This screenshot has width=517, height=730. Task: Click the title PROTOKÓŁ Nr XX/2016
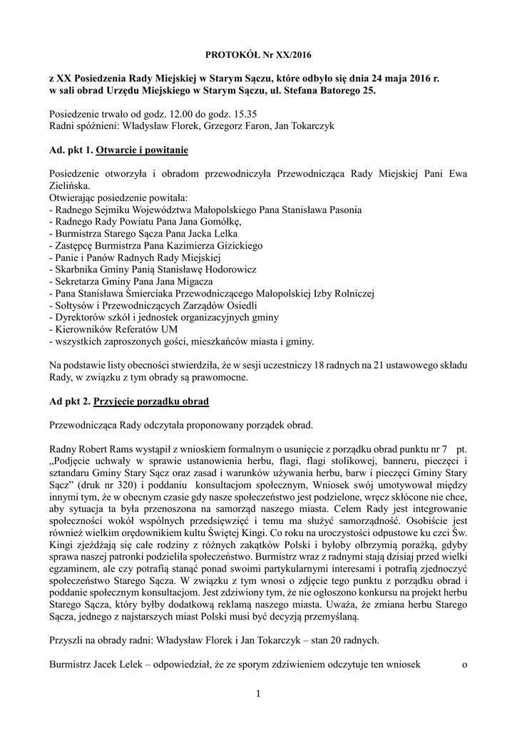pyautogui.click(x=259, y=53)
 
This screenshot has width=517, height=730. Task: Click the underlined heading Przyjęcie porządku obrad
pyautogui.click(x=151, y=402)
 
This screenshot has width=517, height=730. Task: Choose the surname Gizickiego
pyautogui.click(x=234, y=245)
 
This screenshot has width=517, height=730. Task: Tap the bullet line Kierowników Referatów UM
pyautogui.click(x=108, y=329)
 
